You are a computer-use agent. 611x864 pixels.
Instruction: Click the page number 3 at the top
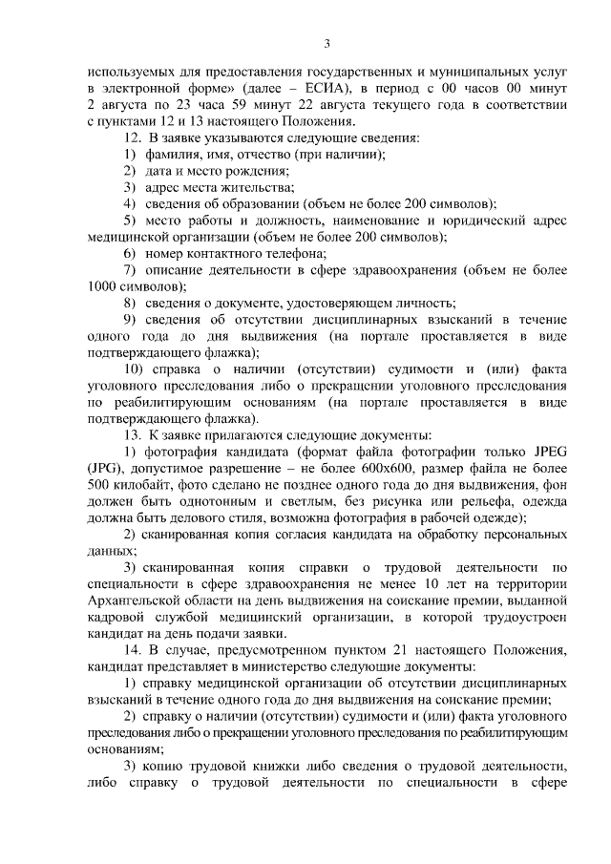click(327, 43)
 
